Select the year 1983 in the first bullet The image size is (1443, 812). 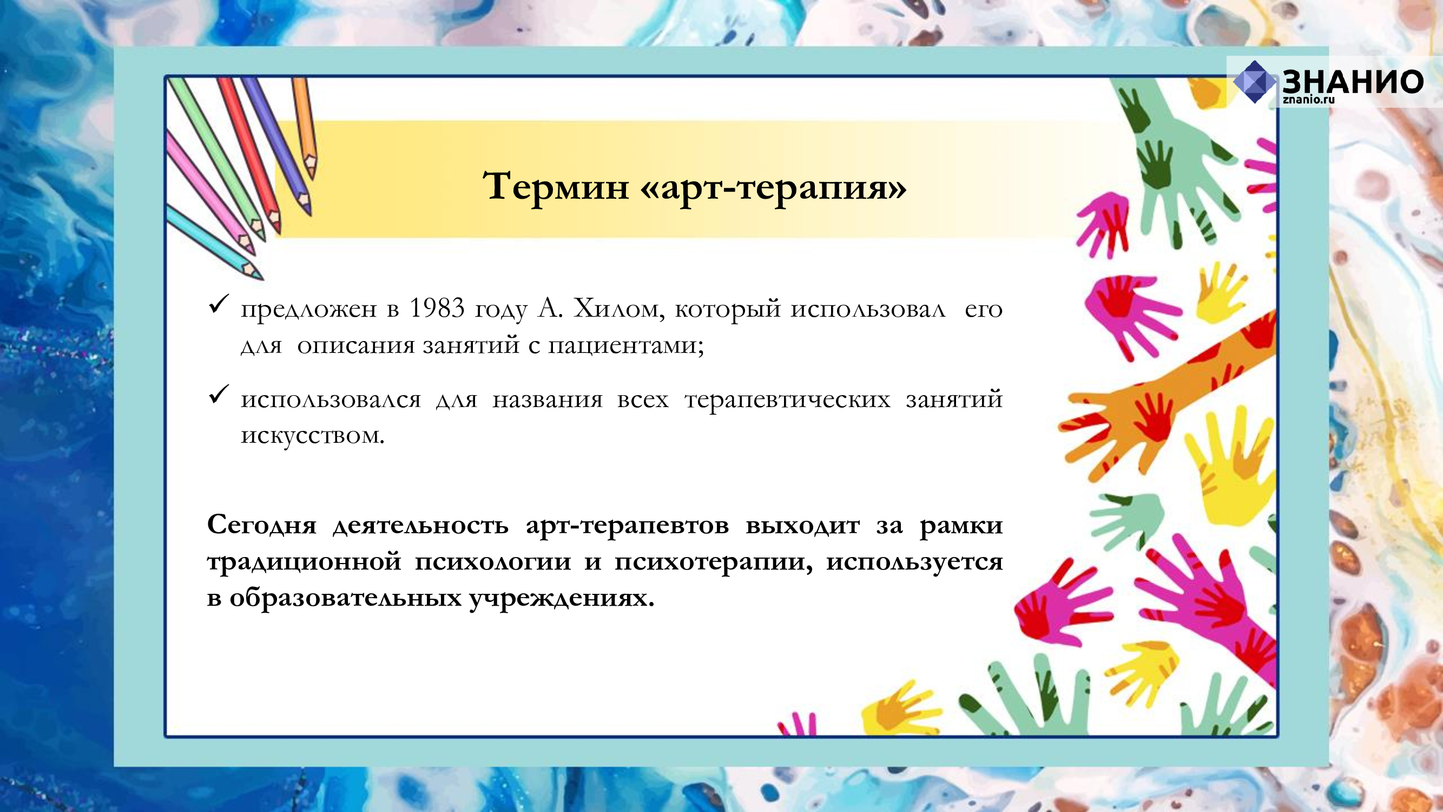click(437, 307)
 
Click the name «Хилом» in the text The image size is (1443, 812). click(618, 309)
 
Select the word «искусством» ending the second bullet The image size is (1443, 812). click(313, 435)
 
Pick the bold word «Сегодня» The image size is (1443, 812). click(261, 525)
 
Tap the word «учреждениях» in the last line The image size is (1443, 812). click(561, 599)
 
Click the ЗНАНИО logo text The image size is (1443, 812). click(1353, 82)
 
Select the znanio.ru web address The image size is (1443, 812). click(1309, 100)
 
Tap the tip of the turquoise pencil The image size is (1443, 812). click(260, 277)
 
